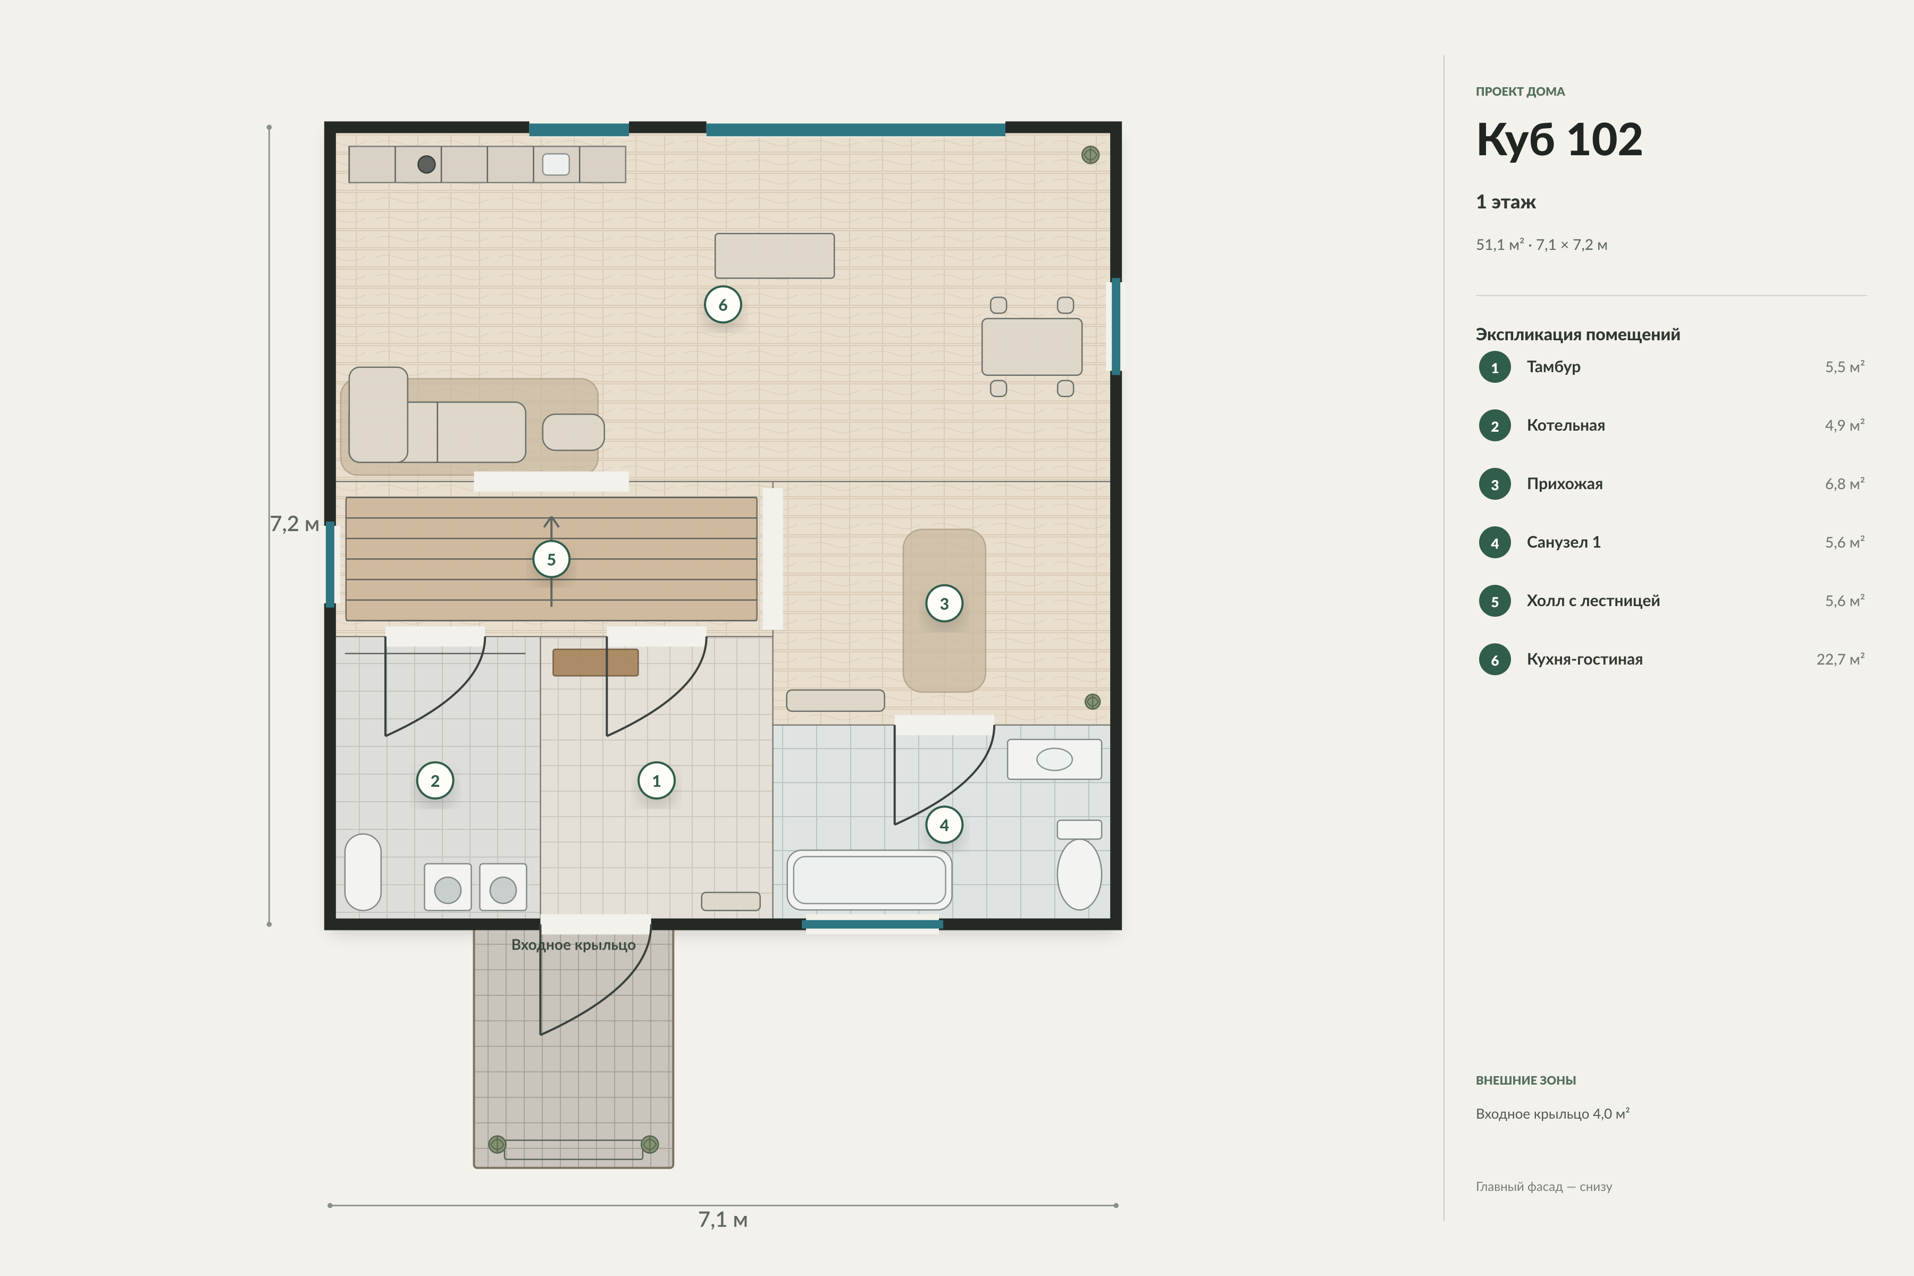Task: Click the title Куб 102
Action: point(1559,139)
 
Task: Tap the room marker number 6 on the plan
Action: point(723,304)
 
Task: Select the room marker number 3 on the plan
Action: point(944,603)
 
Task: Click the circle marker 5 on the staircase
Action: point(551,559)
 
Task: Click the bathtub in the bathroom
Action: point(869,880)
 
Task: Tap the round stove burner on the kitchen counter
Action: point(426,164)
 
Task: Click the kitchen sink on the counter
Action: point(556,164)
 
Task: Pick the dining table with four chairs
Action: point(1032,347)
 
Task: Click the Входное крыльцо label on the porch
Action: point(573,945)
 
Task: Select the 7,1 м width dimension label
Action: point(723,1219)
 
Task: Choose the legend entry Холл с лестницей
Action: point(1592,601)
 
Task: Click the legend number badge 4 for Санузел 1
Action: point(1494,543)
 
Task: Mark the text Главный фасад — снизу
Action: point(1544,1187)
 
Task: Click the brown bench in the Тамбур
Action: point(595,662)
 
